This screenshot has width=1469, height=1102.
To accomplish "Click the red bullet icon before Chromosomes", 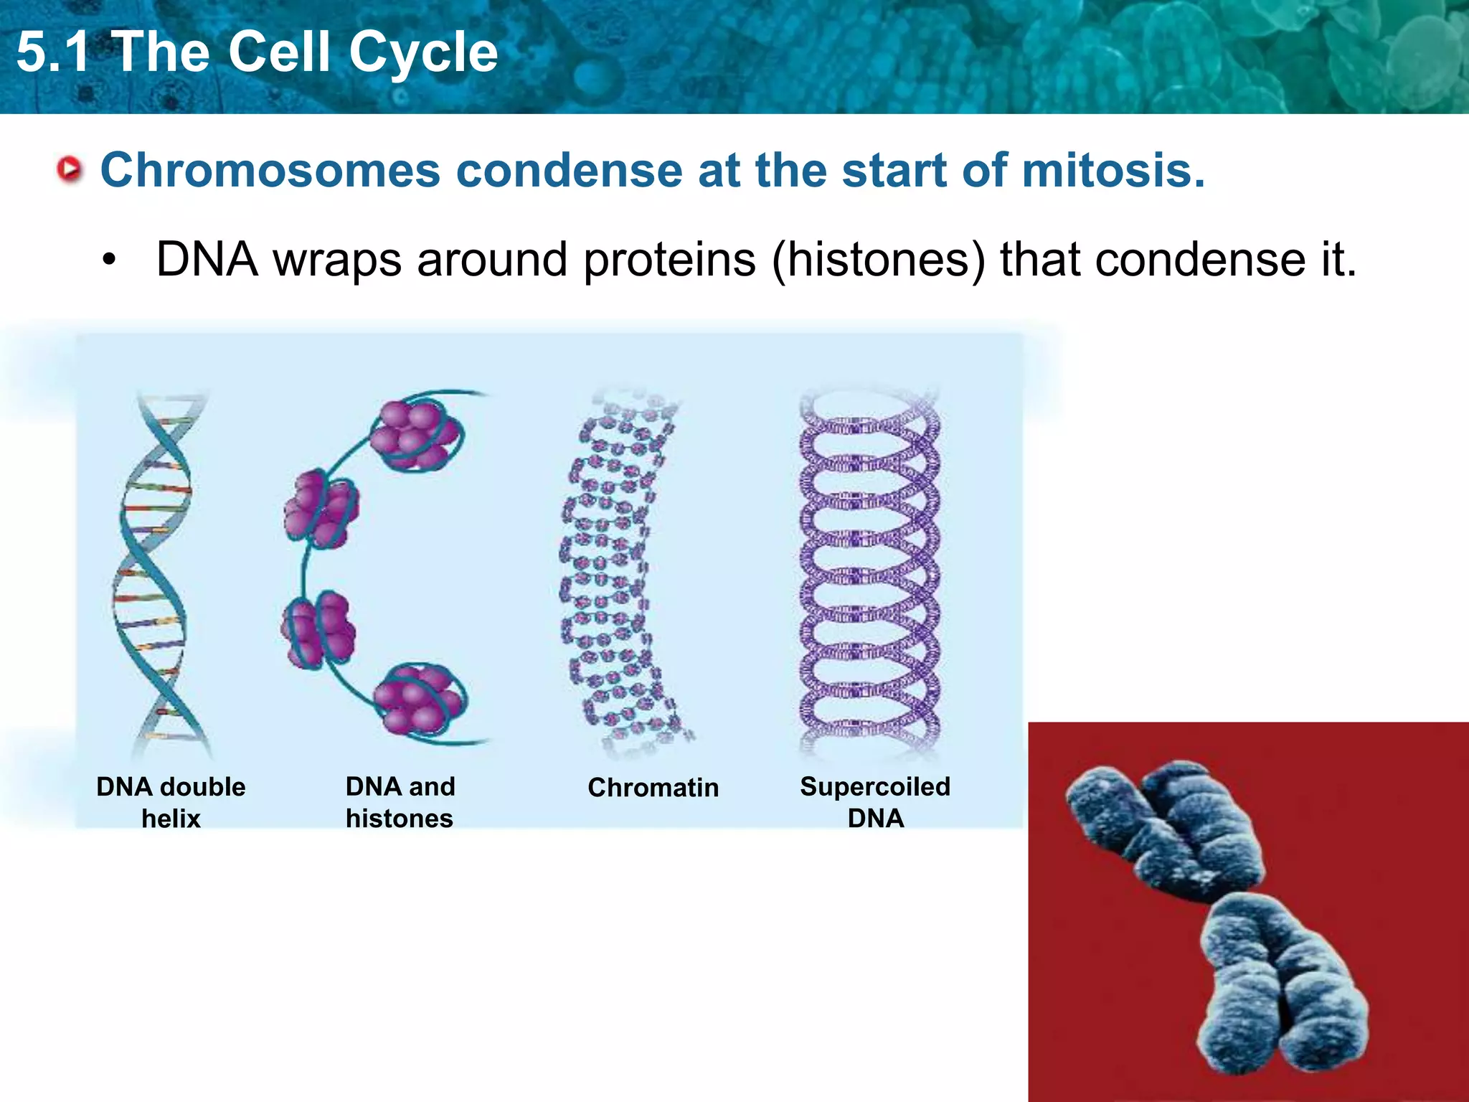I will click(x=70, y=171).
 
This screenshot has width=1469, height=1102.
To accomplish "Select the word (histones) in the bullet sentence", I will click(x=879, y=259).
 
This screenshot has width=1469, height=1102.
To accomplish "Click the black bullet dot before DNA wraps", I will click(x=108, y=260).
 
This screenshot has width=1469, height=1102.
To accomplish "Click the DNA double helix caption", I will click(x=171, y=802).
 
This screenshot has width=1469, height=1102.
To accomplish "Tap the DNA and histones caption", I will click(x=400, y=802).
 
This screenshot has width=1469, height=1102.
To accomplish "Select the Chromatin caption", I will click(x=653, y=788).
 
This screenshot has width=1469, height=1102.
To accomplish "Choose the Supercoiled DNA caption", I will click(x=875, y=802).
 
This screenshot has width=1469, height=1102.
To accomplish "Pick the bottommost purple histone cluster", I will click(x=420, y=698).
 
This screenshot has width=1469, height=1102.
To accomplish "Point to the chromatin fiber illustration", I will click(x=617, y=574).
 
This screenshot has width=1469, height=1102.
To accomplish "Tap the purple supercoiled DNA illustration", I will click(x=869, y=574).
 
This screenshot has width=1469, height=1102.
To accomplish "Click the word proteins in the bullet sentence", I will click(x=669, y=259).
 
